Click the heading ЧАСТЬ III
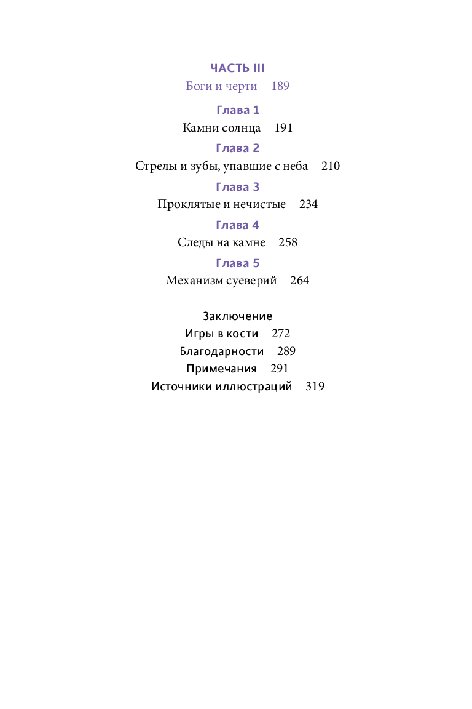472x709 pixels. [x=237, y=68]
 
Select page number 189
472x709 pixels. [x=280, y=86]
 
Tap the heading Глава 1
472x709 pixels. [x=238, y=110]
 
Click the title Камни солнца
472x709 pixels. [x=222, y=128]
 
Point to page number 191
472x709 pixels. [x=283, y=128]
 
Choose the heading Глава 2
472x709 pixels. [x=238, y=148]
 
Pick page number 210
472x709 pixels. [x=330, y=166]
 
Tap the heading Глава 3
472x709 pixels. [x=238, y=186]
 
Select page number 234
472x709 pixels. [x=309, y=204]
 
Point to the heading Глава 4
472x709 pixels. [x=238, y=225]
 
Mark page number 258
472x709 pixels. [x=288, y=242]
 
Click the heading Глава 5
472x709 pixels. [x=238, y=263]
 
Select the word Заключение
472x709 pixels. [x=237, y=316]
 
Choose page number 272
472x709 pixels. [x=280, y=334]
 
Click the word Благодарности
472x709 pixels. [x=222, y=351]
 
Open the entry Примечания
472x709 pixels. [x=222, y=369]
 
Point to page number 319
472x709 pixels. [x=315, y=387]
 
